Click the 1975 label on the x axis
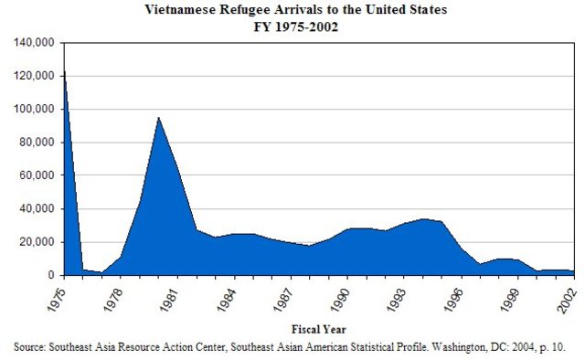[58, 296]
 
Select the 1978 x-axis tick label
[115, 296]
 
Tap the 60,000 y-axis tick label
[37, 175]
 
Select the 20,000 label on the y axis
[37, 242]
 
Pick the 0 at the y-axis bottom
[51, 275]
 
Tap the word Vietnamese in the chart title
[178, 10]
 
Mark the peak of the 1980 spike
[159, 117]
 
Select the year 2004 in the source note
[516, 347]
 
